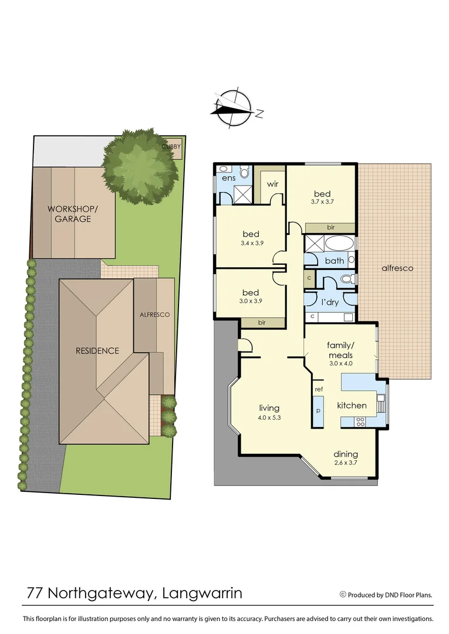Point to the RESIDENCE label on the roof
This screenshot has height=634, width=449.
[x=97, y=351]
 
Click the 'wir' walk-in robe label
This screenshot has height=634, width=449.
[x=272, y=184]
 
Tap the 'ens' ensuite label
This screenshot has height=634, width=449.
[x=228, y=177]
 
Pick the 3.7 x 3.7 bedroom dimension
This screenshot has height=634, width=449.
[x=322, y=202]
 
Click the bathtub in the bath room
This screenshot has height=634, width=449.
[x=339, y=244]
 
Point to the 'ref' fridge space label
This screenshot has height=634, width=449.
[x=319, y=389]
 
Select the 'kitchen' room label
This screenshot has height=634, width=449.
[x=352, y=406]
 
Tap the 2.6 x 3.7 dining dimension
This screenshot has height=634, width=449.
[x=346, y=463]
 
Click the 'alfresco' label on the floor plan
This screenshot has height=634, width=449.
[x=397, y=268]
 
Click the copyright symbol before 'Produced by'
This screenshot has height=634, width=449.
[x=343, y=595]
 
